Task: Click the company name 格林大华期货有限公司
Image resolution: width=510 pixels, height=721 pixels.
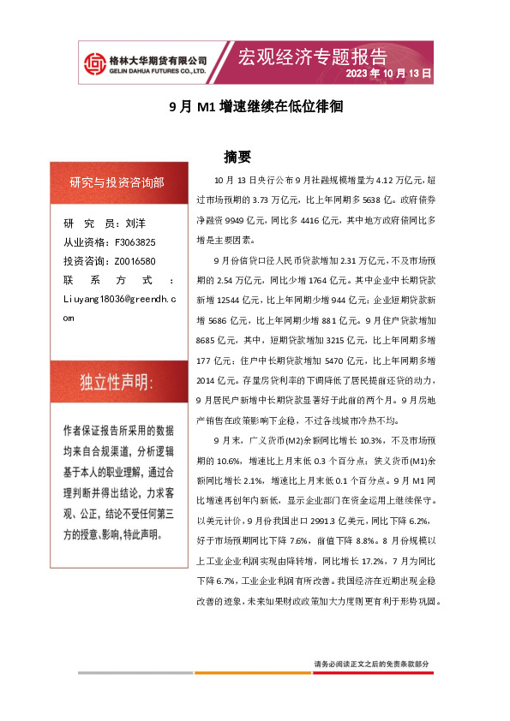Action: pyautogui.click(x=159, y=60)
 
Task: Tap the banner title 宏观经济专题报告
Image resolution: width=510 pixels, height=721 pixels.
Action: pyautogui.click(x=312, y=57)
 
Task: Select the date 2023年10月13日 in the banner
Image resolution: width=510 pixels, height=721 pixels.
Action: pyautogui.click(x=387, y=74)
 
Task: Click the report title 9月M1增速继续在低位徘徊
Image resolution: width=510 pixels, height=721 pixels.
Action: pyautogui.click(x=255, y=107)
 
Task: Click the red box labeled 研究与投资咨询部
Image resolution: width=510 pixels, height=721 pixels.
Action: pyautogui.click(x=117, y=182)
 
